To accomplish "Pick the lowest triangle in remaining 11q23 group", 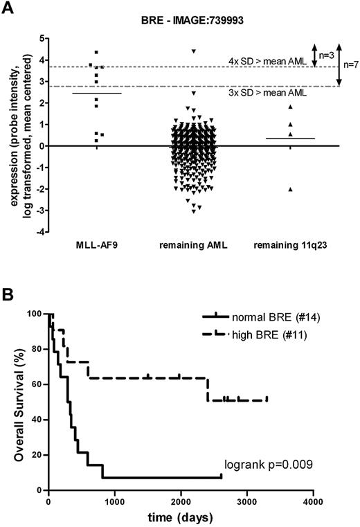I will point(291,189).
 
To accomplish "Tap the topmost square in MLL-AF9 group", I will point(97,52).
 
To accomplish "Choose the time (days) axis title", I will point(181,517).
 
